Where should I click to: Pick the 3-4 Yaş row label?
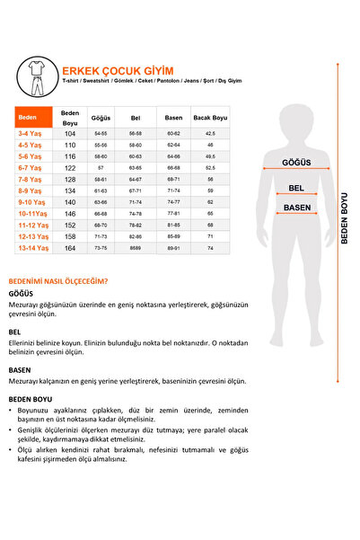click(28, 133)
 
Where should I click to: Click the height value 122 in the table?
click(70, 167)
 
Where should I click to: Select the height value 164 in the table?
click(70, 248)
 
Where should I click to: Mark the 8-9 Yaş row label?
click(28, 190)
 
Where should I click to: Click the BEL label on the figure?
click(295, 189)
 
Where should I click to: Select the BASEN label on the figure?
click(296, 208)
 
